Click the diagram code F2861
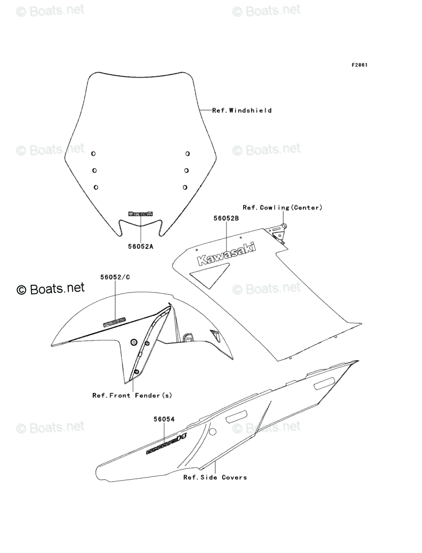359,65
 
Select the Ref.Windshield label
242,111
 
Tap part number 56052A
141,246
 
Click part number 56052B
226,218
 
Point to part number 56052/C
115,277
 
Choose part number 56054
164,419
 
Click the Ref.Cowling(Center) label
282,207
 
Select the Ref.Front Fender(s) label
132,395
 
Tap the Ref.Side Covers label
215,477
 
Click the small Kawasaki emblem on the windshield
141,214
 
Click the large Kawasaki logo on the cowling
226,254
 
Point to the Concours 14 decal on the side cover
166,444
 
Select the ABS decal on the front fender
115,321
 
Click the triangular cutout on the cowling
209,275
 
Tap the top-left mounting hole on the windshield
93,153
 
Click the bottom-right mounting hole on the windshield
185,187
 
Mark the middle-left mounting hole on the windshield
94,170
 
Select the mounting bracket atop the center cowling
278,232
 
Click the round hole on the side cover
212,432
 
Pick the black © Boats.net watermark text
51,288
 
